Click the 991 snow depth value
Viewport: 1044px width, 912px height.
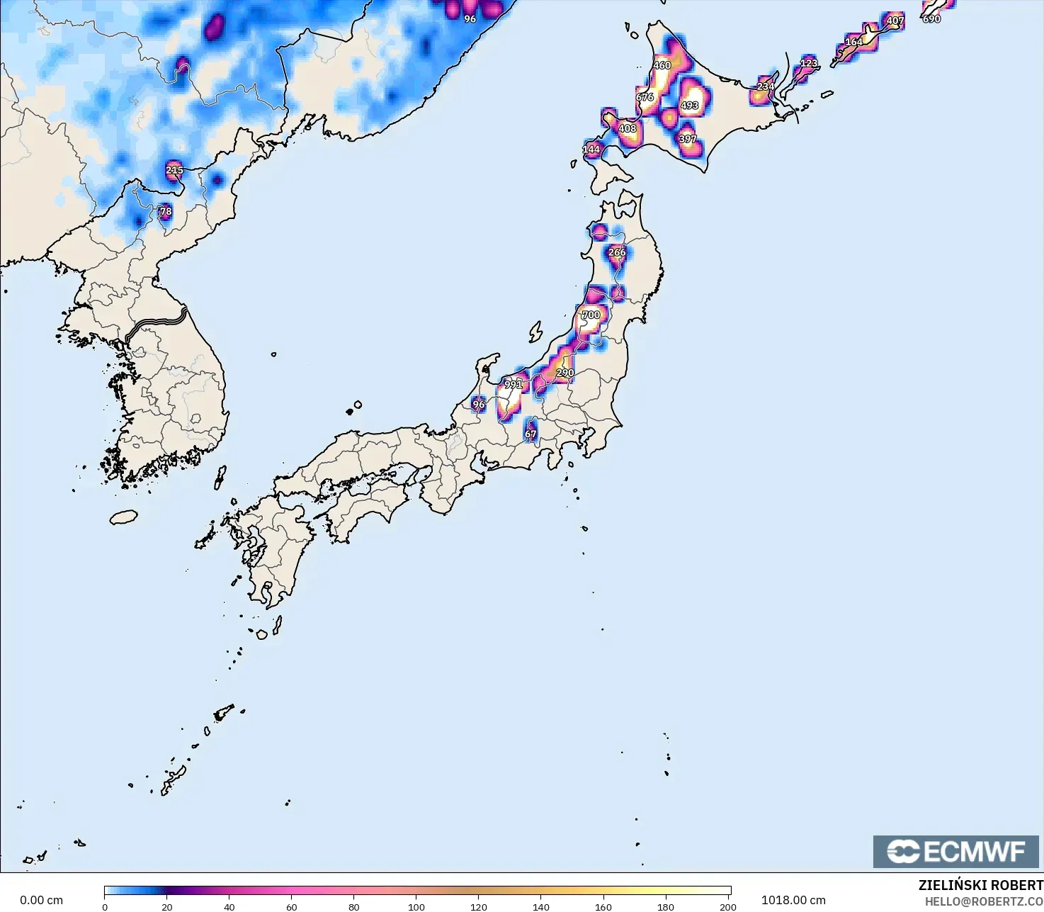(x=513, y=385)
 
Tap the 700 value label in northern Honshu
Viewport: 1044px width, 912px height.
(x=591, y=315)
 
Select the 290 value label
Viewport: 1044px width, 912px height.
(x=564, y=373)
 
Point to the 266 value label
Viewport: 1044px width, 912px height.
(x=617, y=252)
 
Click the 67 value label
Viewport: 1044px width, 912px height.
(x=530, y=434)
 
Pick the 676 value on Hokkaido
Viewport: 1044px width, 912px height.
(x=645, y=97)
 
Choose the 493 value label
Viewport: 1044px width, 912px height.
(x=689, y=106)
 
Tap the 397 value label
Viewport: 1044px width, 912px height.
(x=688, y=139)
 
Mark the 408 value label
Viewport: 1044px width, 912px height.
(x=628, y=129)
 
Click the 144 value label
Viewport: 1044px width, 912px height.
(x=591, y=150)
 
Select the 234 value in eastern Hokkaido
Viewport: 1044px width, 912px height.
(x=765, y=86)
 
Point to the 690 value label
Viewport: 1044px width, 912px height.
(x=931, y=19)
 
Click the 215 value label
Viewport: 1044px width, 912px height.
(x=174, y=170)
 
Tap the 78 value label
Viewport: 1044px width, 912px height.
(x=166, y=211)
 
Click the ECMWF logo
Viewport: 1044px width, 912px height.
(x=955, y=851)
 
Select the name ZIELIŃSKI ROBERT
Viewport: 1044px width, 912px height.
(x=980, y=885)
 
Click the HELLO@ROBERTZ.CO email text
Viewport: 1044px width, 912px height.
(x=984, y=901)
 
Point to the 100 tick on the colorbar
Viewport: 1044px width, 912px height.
(x=416, y=906)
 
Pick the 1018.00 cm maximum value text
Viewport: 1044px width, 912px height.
(x=793, y=900)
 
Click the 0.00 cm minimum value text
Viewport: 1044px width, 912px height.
(x=41, y=900)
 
